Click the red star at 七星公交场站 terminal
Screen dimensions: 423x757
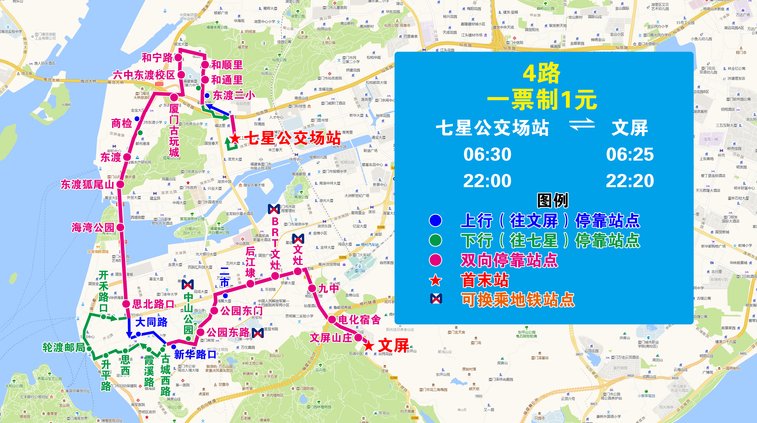tap(234, 138)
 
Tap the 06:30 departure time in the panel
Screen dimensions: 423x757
tap(487, 154)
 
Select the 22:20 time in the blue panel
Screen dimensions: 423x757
tap(630, 181)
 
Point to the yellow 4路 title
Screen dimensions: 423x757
tap(541, 73)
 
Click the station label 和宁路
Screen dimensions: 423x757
tap(157, 58)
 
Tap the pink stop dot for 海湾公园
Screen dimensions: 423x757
tap(120, 227)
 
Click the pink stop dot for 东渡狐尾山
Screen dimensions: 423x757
tap(120, 184)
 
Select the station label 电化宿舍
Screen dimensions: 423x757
tap(360, 320)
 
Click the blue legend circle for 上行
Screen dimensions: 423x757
tap(435, 220)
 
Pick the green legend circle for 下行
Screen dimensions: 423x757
tap(435, 240)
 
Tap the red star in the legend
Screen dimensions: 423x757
tap(435, 280)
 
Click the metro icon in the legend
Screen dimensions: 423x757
tap(436, 299)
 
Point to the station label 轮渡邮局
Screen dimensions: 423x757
tap(64, 348)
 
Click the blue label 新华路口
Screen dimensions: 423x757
tap(195, 355)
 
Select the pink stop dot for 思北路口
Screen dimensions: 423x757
tap(126, 304)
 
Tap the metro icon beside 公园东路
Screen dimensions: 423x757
tap(258, 333)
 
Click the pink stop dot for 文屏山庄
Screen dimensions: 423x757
tap(358, 338)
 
